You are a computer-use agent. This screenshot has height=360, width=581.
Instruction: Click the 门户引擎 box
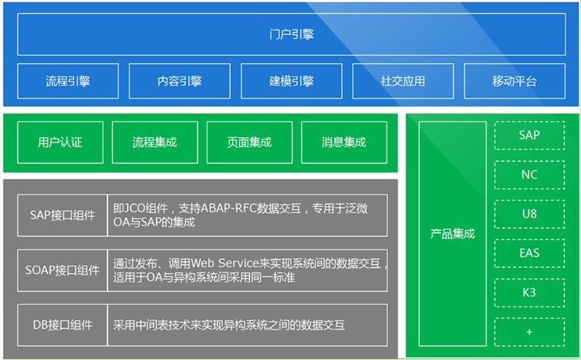click(291, 34)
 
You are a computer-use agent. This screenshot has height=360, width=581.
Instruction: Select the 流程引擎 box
click(68, 81)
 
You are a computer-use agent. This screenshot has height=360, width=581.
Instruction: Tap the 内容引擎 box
click(179, 81)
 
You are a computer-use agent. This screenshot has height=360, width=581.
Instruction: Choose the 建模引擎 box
click(291, 81)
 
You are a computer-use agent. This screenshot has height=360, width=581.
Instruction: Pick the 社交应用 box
click(403, 81)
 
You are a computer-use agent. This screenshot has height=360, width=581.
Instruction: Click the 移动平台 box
click(515, 81)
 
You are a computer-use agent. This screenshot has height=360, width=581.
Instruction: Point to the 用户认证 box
click(60, 142)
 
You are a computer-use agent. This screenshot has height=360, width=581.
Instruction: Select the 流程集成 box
click(155, 142)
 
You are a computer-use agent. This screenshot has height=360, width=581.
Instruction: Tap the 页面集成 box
click(249, 142)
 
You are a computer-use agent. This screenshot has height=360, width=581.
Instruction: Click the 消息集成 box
click(344, 142)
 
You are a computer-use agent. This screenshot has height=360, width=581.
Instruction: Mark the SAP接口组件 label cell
click(62, 215)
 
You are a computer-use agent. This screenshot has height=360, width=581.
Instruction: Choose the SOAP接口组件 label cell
click(62, 271)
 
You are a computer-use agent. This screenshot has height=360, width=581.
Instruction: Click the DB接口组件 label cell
click(62, 325)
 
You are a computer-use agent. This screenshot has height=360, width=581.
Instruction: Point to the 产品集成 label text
click(452, 234)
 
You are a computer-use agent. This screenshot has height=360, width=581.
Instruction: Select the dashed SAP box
click(529, 135)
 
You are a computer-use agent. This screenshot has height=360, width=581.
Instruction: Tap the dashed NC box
click(529, 175)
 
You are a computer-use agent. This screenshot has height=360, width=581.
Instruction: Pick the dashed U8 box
click(529, 214)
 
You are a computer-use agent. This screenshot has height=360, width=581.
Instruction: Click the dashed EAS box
click(529, 253)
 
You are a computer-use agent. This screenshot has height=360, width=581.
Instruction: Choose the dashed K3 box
click(529, 293)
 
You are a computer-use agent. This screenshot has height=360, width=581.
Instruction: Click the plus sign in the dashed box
click(529, 332)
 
